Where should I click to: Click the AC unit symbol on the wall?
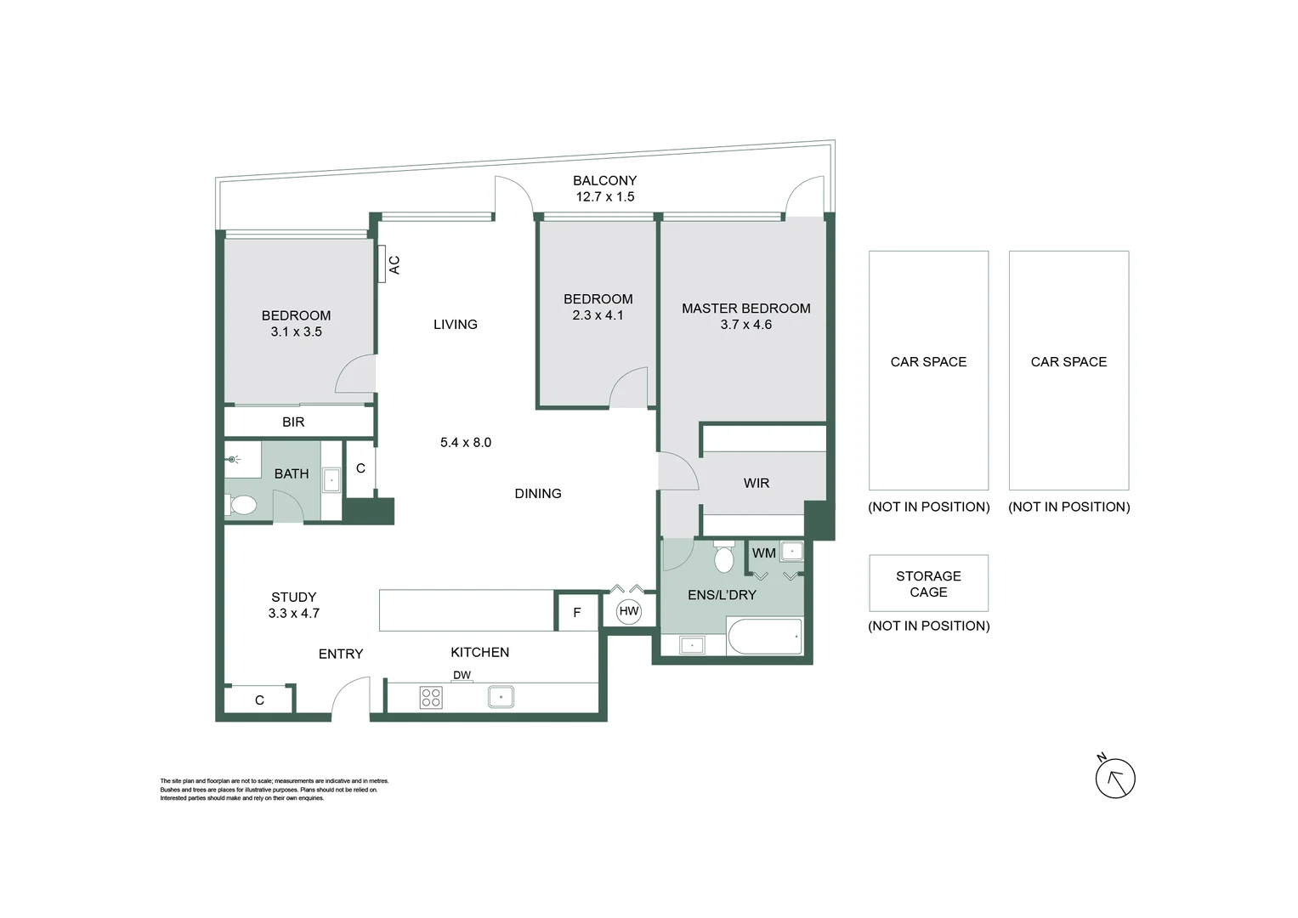pyautogui.click(x=383, y=264)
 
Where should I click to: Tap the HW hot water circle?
pyautogui.click(x=628, y=611)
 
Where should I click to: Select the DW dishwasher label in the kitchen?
pyautogui.click(x=462, y=676)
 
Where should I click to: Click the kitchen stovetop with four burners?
pyautogui.click(x=431, y=698)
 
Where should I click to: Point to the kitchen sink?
pyautogui.click(x=501, y=698)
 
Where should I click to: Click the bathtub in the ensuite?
pyautogui.click(x=764, y=637)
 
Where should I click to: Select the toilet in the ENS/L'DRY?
pyautogui.click(x=724, y=558)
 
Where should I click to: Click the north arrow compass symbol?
pyautogui.click(x=1114, y=778)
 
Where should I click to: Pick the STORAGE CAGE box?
pyautogui.click(x=928, y=584)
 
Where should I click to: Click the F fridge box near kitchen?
pyautogui.click(x=577, y=612)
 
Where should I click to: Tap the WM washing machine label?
pyautogui.click(x=763, y=553)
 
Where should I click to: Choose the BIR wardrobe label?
pyautogui.click(x=293, y=422)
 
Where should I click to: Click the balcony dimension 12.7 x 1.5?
pyautogui.click(x=604, y=196)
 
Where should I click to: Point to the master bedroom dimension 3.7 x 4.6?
pyautogui.click(x=745, y=325)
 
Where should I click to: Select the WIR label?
pyautogui.click(x=756, y=483)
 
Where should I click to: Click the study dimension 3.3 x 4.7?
pyautogui.click(x=293, y=613)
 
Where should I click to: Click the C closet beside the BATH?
pyautogui.click(x=360, y=468)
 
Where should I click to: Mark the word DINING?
pyautogui.click(x=537, y=493)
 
